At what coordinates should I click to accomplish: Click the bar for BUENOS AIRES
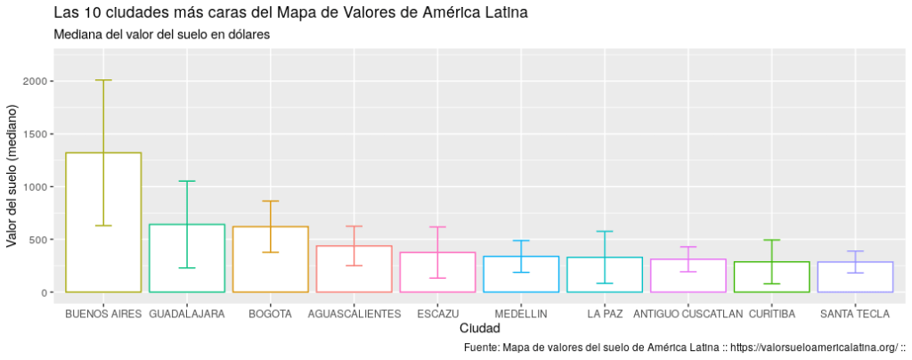[103, 223]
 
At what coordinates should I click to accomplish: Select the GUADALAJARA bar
[187, 258]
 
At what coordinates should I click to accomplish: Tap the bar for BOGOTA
[271, 259]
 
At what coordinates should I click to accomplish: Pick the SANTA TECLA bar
[855, 277]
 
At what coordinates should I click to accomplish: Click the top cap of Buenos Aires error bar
[103, 80]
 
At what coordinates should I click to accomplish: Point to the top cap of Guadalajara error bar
[187, 182]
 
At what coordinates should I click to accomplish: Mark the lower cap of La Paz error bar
[605, 283]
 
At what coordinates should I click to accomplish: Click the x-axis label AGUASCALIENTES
[354, 315]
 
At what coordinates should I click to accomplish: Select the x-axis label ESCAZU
[437, 315]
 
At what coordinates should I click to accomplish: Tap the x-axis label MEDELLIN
[521, 315]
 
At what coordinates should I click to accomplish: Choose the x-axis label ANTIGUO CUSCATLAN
[688, 315]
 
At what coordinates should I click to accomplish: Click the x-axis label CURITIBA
[771, 315]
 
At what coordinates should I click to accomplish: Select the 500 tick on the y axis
[38, 240]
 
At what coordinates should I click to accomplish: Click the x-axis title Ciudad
[479, 329]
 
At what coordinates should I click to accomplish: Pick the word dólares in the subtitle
[243, 35]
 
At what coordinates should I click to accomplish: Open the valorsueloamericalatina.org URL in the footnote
[812, 347]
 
